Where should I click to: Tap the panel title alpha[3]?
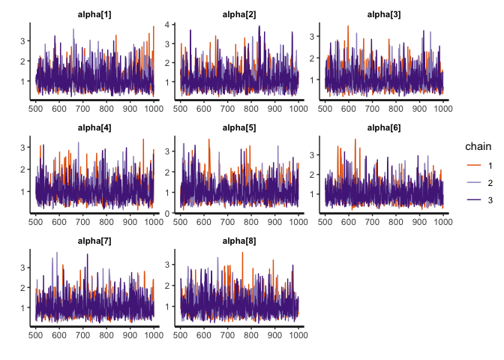[x=383, y=14]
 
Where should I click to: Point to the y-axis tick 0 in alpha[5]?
[x=168, y=213]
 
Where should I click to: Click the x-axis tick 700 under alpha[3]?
[x=372, y=109]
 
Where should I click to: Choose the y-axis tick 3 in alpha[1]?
[x=24, y=40]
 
